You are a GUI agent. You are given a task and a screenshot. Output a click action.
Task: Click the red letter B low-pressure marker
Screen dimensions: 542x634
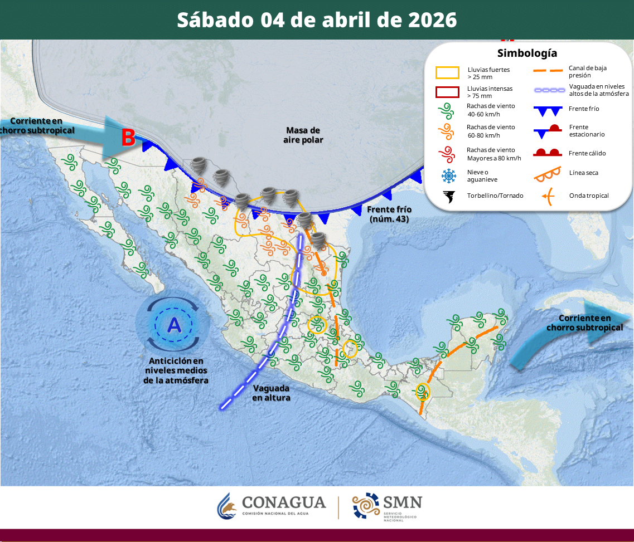click(x=128, y=138)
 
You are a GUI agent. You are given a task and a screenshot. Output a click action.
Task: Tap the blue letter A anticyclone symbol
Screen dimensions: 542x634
click(x=175, y=325)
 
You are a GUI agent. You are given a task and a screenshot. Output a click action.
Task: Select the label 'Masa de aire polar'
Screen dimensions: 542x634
click(x=303, y=135)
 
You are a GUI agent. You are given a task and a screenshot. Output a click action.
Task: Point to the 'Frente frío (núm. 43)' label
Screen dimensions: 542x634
click(x=390, y=214)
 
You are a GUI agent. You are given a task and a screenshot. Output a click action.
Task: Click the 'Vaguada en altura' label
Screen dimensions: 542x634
click(x=272, y=393)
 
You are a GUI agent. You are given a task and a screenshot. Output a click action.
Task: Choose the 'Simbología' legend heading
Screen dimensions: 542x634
click(x=527, y=53)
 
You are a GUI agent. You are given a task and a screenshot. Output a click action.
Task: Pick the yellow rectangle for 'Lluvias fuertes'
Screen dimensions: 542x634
click(x=447, y=73)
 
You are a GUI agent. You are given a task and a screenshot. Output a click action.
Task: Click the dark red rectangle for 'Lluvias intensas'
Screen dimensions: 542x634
click(x=447, y=92)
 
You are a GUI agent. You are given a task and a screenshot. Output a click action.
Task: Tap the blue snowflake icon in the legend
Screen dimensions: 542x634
click(x=448, y=176)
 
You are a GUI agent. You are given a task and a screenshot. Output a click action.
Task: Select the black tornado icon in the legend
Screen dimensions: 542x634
click(x=448, y=196)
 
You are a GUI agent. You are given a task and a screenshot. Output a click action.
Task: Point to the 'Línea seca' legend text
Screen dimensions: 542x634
click(x=584, y=173)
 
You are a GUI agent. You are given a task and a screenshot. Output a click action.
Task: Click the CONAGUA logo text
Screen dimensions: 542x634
click(x=284, y=503)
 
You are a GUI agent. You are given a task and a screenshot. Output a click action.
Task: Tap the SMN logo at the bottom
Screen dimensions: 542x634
click(x=387, y=506)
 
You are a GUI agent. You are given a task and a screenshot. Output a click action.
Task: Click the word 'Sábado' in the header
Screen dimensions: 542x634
click(x=214, y=20)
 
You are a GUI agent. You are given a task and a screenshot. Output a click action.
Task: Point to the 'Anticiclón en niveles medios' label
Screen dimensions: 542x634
click(x=176, y=365)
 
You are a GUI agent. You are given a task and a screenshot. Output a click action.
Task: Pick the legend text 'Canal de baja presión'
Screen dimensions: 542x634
click(x=588, y=71)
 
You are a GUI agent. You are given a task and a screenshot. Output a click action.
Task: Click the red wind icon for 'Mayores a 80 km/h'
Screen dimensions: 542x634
click(x=447, y=154)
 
